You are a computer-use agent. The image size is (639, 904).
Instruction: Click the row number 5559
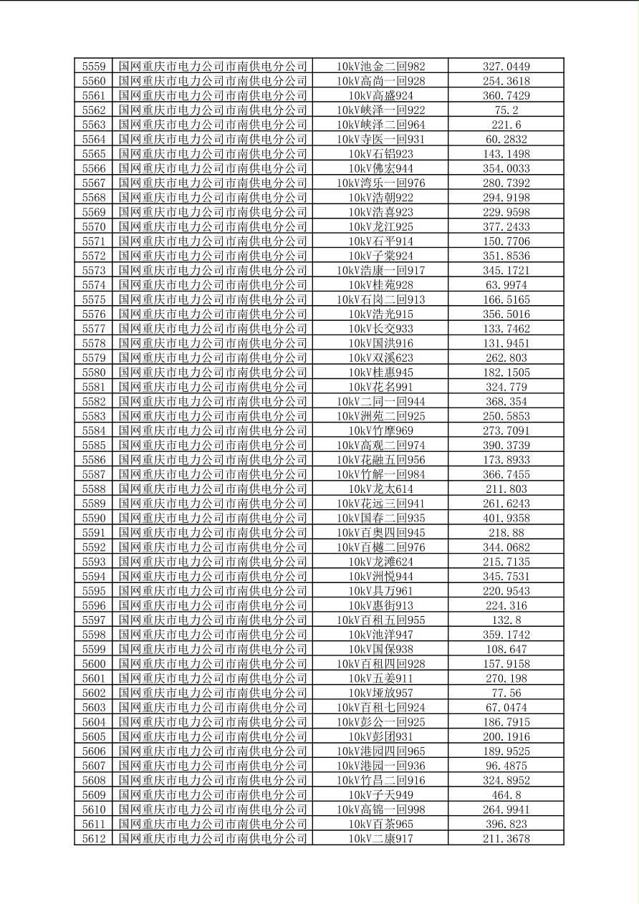pyautogui.click(x=94, y=67)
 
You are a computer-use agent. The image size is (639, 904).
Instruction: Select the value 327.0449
pyautogui.click(x=506, y=67)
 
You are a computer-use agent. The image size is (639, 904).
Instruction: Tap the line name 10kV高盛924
pyautogui.click(x=380, y=95)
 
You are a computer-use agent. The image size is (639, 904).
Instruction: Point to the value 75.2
pyautogui.click(x=506, y=110)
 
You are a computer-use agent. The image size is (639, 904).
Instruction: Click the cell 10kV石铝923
pyautogui.click(x=380, y=154)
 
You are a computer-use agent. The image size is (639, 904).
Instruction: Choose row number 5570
pyautogui.click(x=94, y=226)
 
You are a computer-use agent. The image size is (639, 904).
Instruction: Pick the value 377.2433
pyautogui.click(x=506, y=226)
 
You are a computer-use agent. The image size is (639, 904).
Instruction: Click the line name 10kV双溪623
pyautogui.click(x=380, y=357)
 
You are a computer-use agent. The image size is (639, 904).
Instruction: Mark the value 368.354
pyautogui.click(x=506, y=401)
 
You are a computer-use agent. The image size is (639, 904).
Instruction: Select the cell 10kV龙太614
pyautogui.click(x=380, y=489)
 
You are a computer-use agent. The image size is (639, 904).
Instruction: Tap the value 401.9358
pyautogui.click(x=506, y=518)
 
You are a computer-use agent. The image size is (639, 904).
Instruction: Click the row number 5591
pyautogui.click(x=94, y=532)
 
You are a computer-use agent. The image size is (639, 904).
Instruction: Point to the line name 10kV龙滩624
pyautogui.click(x=380, y=562)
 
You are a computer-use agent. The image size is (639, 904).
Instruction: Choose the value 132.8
pyautogui.click(x=506, y=620)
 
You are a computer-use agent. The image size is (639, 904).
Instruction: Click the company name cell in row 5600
pyautogui.click(x=213, y=663)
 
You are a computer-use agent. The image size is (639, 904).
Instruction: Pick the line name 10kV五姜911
pyautogui.click(x=380, y=678)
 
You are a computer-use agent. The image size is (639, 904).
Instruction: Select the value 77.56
pyautogui.click(x=506, y=693)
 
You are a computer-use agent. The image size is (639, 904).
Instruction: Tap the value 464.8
pyautogui.click(x=506, y=794)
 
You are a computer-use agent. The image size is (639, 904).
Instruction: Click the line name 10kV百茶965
pyautogui.click(x=380, y=824)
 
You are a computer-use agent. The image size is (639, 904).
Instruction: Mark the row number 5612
pyautogui.click(x=94, y=838)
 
